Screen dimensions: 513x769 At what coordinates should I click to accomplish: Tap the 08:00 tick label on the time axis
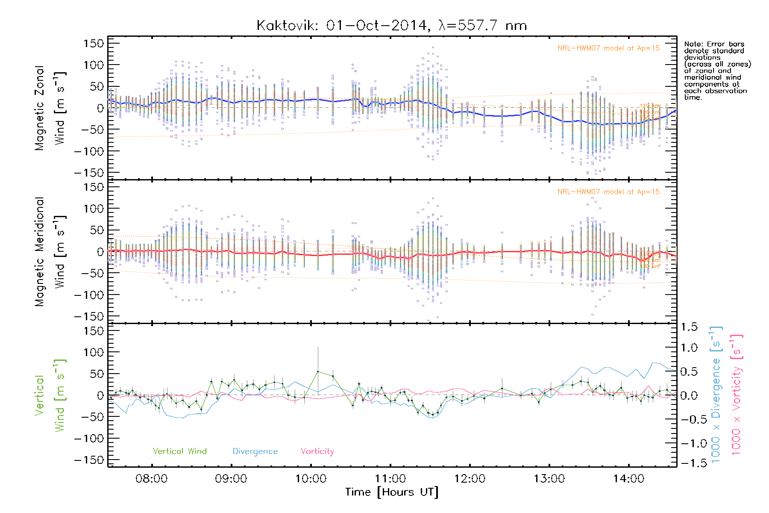(x=151, y=479)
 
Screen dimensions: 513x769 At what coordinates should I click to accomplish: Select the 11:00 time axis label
(x=390, y=479)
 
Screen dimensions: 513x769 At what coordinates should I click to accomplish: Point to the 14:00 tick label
(x=628, y=479)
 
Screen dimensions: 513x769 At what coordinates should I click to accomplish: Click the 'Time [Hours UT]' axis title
(x=392, y=492)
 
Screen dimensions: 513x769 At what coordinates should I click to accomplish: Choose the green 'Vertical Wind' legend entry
(x=179, y=451)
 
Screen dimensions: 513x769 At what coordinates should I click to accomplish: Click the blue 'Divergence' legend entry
(x=255, y=451)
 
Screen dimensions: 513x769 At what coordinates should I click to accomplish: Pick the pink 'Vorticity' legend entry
(x=317, y=451)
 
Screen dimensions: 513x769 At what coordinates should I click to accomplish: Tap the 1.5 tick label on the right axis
(x=689, y=327)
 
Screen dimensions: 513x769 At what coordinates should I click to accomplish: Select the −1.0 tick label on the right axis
(x=688, y=443)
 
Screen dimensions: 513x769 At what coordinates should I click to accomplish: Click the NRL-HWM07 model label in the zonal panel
(x=608, y=48)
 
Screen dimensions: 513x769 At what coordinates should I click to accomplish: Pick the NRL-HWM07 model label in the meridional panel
(x=608, y=192)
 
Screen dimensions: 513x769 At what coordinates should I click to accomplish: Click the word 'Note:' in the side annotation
(x=694, y=44)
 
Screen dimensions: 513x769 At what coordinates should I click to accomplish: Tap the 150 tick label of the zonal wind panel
(x=94, y=43)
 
